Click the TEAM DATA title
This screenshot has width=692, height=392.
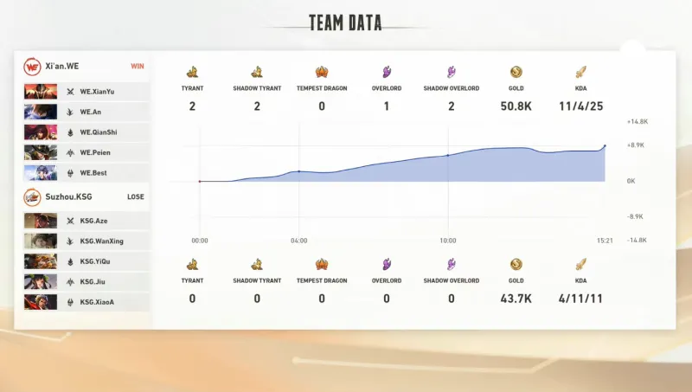[345, 22]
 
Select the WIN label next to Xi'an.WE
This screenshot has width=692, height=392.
[137, 66]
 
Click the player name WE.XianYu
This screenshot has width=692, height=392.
[97, 91]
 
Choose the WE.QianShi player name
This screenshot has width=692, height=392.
[98, 132]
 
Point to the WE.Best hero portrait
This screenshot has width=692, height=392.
[41, 173]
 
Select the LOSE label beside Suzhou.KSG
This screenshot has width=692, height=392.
[136, 196]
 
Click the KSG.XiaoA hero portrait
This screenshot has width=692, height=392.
[41, 302]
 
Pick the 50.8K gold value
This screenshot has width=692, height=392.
[516, 106]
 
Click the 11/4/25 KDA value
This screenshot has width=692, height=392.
[581, 106]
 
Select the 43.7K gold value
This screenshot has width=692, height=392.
[516, 299]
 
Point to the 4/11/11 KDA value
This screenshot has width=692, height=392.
[581, 299]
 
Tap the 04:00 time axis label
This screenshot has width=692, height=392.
[298, 241]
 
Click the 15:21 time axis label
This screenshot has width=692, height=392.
[604, 241]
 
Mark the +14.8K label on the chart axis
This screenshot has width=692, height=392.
[638, 122]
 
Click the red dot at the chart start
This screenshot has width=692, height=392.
[200, 182]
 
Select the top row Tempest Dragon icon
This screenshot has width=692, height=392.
[322, 73]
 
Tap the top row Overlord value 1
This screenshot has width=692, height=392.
[387, 106]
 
